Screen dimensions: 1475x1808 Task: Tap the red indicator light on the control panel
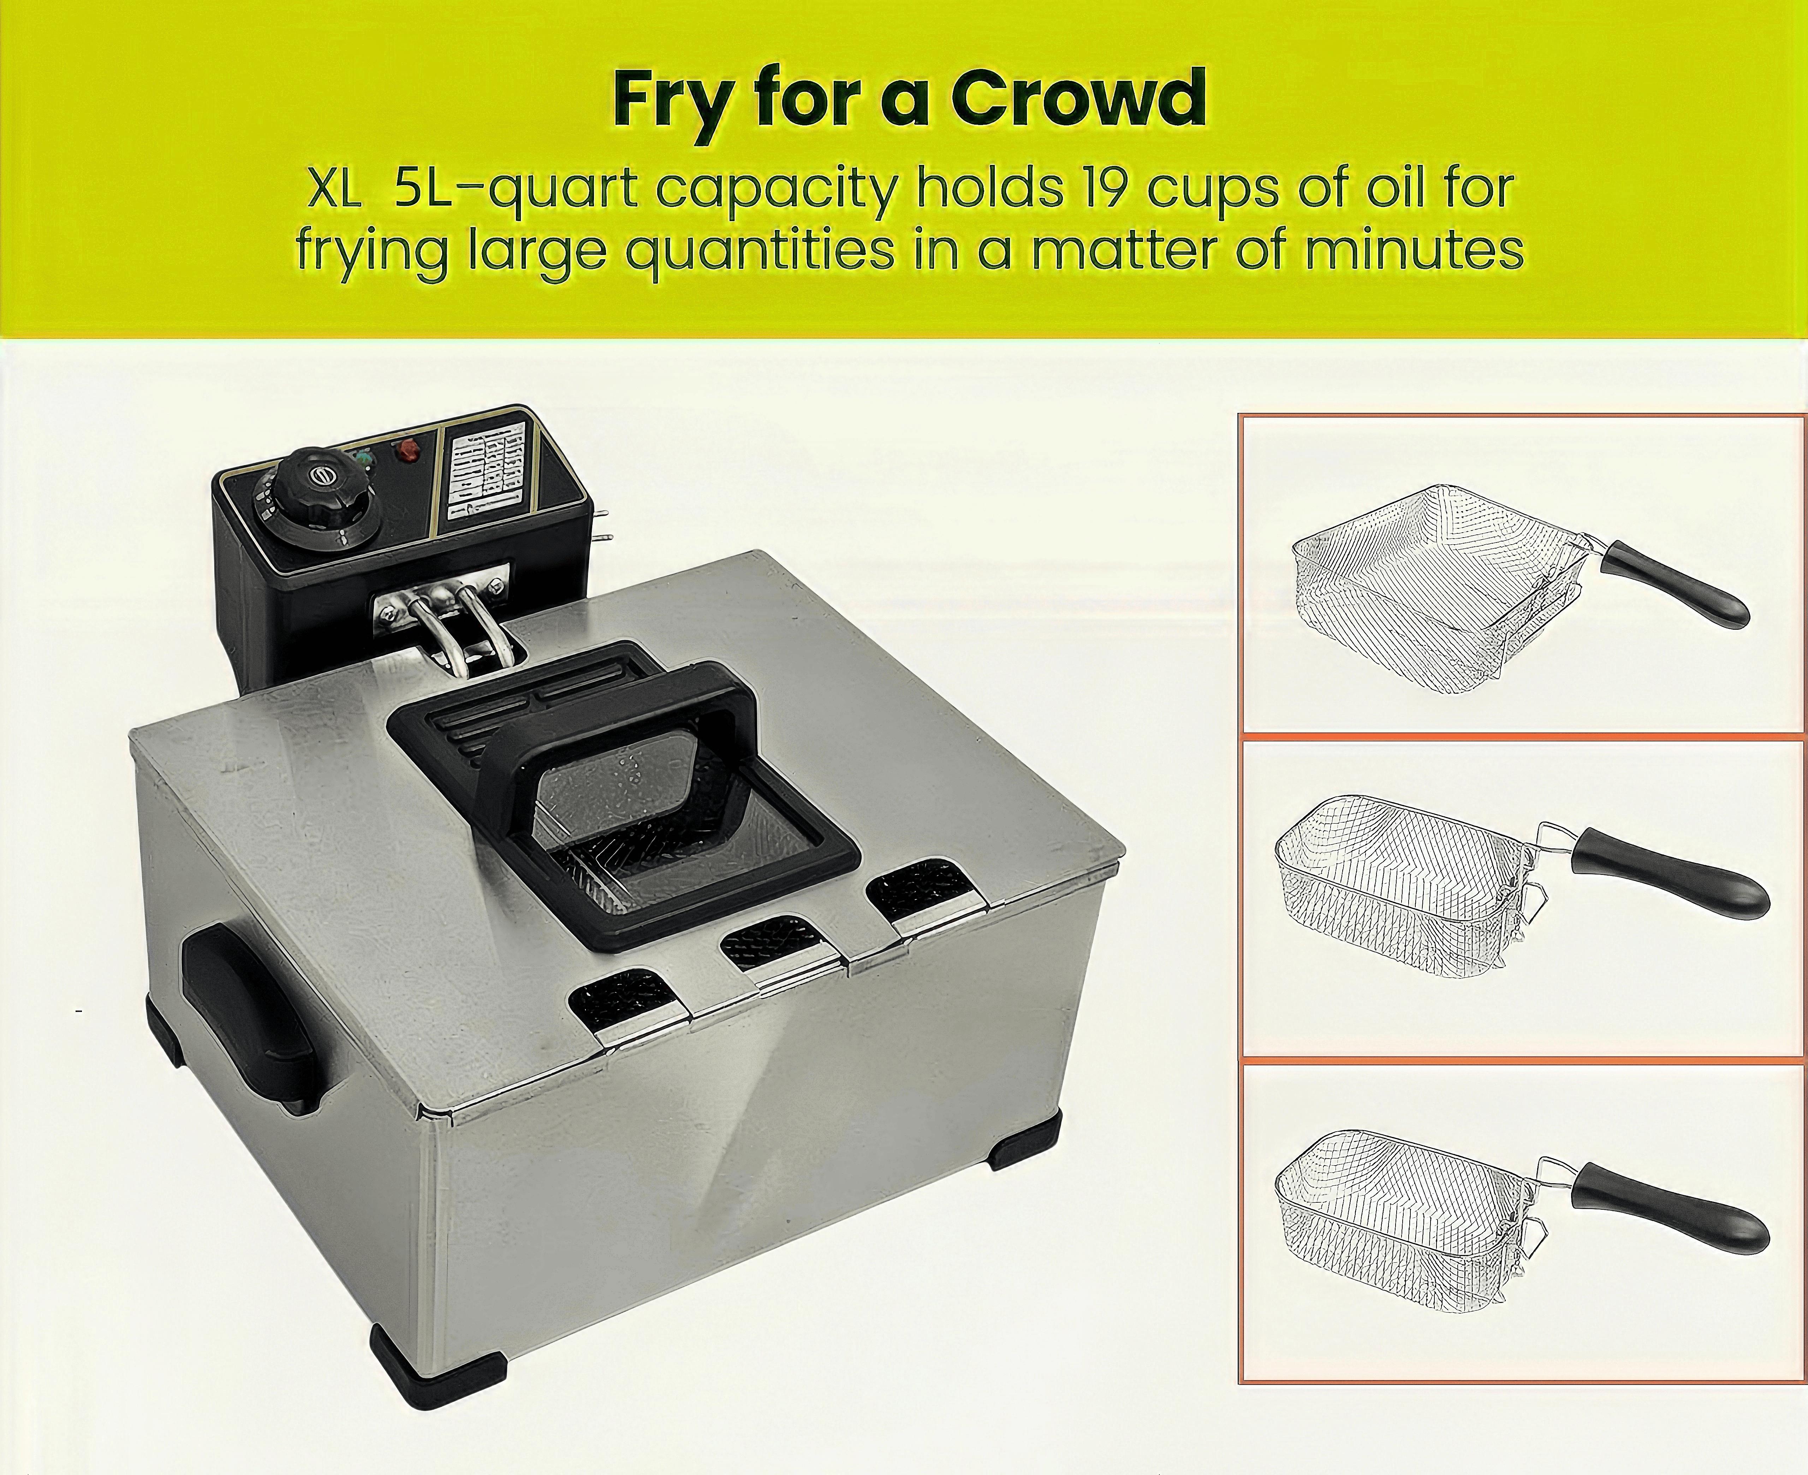click(406, 450)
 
